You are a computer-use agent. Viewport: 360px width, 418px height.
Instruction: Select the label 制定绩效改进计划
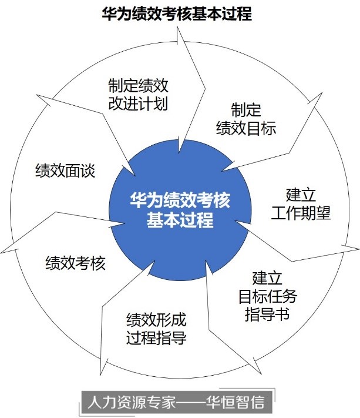coord(139,95)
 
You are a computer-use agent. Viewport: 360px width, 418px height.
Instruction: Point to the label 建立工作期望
coord(301,203)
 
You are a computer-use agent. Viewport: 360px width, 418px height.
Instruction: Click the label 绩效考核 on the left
coord(75,263)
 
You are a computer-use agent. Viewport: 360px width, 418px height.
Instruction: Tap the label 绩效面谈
coord(65,171)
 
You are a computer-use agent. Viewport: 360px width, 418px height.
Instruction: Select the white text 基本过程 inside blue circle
coord(180,222)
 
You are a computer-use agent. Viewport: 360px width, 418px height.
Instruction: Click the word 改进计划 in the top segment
coord(139,104)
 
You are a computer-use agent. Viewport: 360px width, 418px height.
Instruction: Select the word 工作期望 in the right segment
coord(301,213)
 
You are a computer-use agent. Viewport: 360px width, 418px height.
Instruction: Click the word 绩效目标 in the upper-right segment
coord(246,128)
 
